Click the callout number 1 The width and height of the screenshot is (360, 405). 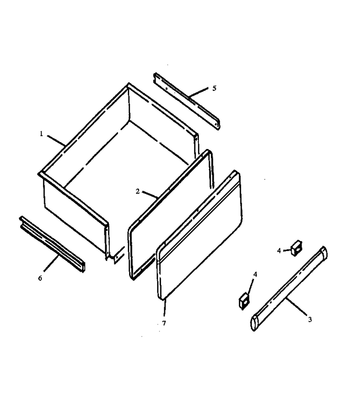pyautogui.click(x=41, y=134)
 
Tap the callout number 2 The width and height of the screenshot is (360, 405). pyautogui.click(x=138, y=191)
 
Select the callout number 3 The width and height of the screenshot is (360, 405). pyautogui.click(x=310, y=319)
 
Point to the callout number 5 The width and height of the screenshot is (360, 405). pyautogui.click(x=214, y=88)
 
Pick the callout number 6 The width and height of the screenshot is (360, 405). pyautogui.click(x=40, y=278)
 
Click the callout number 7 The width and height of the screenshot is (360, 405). pyautogui.click(x=164, y=323)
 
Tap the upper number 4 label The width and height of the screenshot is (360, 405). pyautogui.click(x=279, y=251)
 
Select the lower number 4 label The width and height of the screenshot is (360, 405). pyautogui.click(x=255, y=274)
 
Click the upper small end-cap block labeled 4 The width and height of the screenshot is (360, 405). pyautogui.click(x=297, y=248)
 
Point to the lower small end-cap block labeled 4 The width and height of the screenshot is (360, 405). pyautogui.click(x=244, y=301)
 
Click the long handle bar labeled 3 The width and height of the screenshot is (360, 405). pyautogui.click(x=289, y=288)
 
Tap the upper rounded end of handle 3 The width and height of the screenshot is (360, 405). pyautogui.click(x=324, y=252)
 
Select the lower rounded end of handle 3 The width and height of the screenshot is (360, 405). pyautogui.click(x=255, y=323)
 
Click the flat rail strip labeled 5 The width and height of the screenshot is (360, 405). pyautogui.click(x=187, y=101)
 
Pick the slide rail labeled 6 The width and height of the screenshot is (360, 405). pyautogui.click(x=52, y=244)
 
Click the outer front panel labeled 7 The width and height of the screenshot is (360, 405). pyautogui.click(x=199, y=235)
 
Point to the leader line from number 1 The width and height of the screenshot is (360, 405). pyautogui.click(x=56, y=141)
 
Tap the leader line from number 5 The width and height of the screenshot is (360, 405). pyautogui.click(x=198, y=93)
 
